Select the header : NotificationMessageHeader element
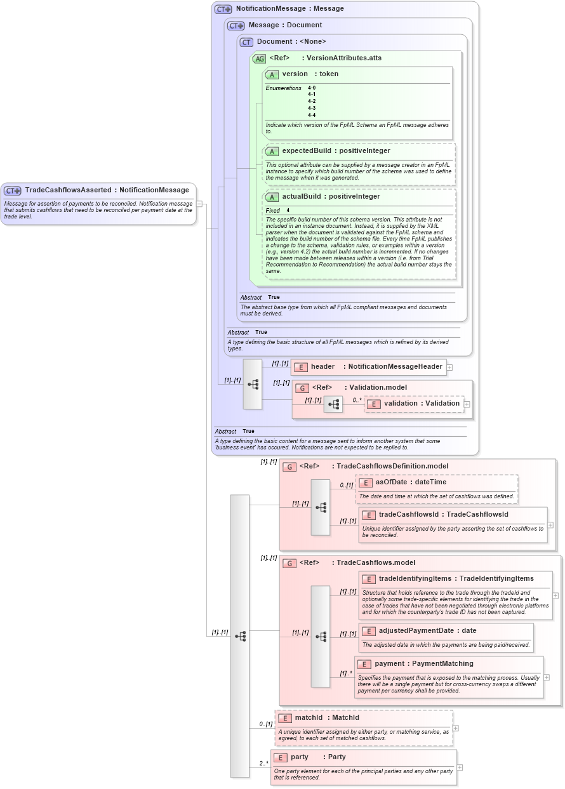368,367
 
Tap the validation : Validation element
421,404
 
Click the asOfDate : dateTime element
410,482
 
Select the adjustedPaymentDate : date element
427,631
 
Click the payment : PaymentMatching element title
423,664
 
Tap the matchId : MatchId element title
326,718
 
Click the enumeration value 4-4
312,116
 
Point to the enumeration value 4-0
312,88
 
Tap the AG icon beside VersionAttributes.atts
259,58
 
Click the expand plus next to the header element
449,367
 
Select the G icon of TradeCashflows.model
289,563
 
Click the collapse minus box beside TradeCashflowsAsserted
199,204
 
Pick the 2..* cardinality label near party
262,764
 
